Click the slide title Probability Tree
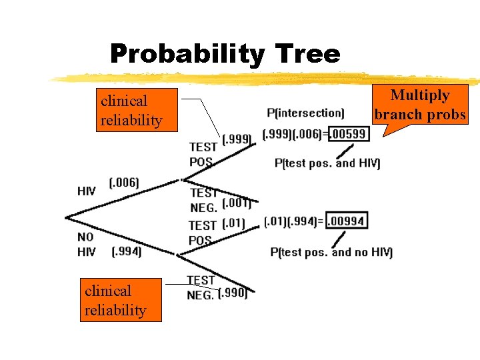click(x=225, y=53)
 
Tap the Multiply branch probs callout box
click(x=420, y=105)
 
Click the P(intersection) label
click(x=305, y=113)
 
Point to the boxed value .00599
click(x=349, y=134)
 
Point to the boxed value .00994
click(x=347, y=221)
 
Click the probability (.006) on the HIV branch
click(x=123, y=183)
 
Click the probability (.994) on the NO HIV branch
click(x=126, y=251)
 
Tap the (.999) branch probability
click(x=237, y=139)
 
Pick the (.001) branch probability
click(x=236, y=203)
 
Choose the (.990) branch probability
click(x=233, y=293)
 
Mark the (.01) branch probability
click(x=233, y=223)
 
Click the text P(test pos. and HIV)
click(x=327, y=163)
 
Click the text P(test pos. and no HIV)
click(x=331, y=252)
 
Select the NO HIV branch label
click(x=86, y=244)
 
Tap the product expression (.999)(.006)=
click(x=295, y=134)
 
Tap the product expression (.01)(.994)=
click(x=294, y=221)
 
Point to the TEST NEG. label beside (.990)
click(x=201, y=287)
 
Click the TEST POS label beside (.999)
click(x=202, y=154)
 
